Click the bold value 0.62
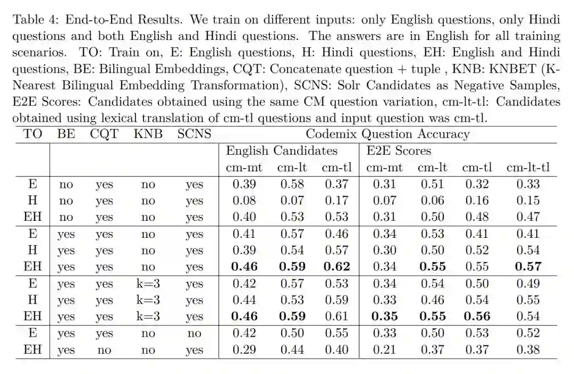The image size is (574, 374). [x=336, y=267]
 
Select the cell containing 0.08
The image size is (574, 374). [x=244, y=201]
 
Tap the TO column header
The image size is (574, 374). [x=33, y=134]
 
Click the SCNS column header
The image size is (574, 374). [x=194, y=134]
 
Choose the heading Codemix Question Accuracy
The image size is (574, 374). [x=387, y=134]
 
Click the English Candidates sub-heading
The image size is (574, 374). [x=282, y=151]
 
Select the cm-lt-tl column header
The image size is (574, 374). [x=528, y=168]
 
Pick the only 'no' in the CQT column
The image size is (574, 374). [x=104, y=350]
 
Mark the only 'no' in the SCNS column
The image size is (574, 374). [x=194, y=333]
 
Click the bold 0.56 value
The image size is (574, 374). [x=476, y=316]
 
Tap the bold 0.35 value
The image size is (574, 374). [x=384, y=316]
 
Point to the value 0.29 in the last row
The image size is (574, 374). [x=244, y=350]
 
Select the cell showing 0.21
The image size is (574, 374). [x=384, y=350]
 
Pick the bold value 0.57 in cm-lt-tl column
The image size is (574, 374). [x=528, y=267]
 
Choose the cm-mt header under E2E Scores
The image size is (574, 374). [x=384, y=168]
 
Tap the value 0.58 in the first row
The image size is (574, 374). [x=291, y=184]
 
